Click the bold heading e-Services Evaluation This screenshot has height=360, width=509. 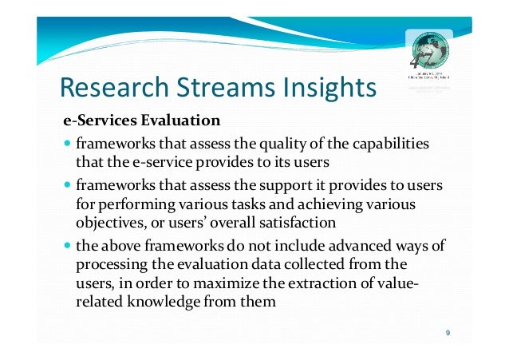coord(142,122)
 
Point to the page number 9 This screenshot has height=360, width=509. coord(448,333)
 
